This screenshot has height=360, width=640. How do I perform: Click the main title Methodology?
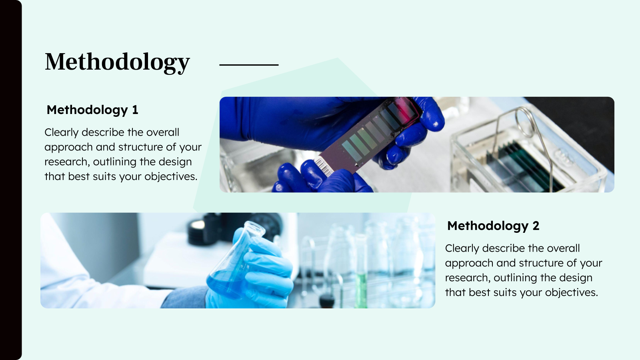(117, 62)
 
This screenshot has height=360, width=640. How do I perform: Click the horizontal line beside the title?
(249, 64)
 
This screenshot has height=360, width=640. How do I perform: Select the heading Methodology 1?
(92, 110)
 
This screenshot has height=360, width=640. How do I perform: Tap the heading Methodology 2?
(493, 226)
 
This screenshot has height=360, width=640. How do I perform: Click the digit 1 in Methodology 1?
(135, 110)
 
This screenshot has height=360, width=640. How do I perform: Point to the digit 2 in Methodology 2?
(536, 226)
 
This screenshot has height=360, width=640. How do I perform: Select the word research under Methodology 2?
(467, 278)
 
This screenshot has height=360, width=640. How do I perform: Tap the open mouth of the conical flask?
(255, 228)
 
